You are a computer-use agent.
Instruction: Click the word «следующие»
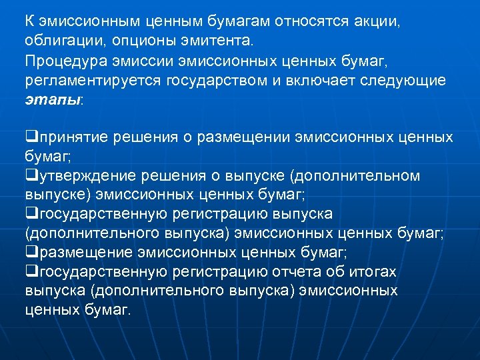[409, 80]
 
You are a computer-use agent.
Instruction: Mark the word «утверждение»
[86, 176]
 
